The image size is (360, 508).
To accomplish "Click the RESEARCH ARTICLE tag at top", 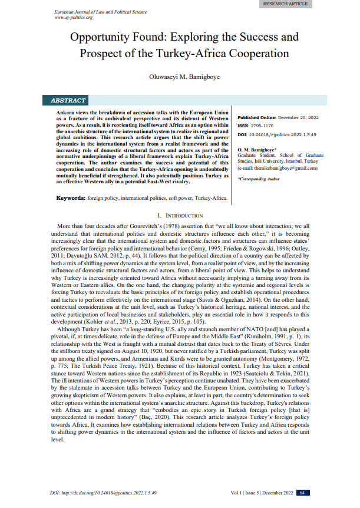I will tap(285, 4).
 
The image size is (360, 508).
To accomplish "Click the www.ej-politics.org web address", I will tap(74, 18).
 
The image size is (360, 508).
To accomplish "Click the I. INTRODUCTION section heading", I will tap(180, 216).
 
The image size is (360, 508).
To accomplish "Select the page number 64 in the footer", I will tap(301, 493).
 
